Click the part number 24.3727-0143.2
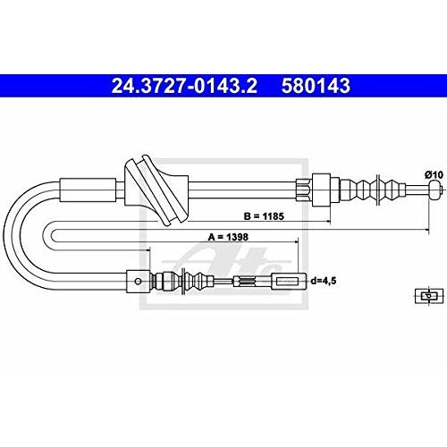coord(184,86)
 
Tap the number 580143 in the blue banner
coord(316,86)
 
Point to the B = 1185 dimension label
coord(264,216)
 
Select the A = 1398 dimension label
coord(228,237)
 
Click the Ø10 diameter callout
coord(434,174)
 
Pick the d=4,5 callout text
coord(324,281)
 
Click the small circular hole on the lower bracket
coord(138,281)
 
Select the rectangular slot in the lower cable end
coord(287,281)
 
